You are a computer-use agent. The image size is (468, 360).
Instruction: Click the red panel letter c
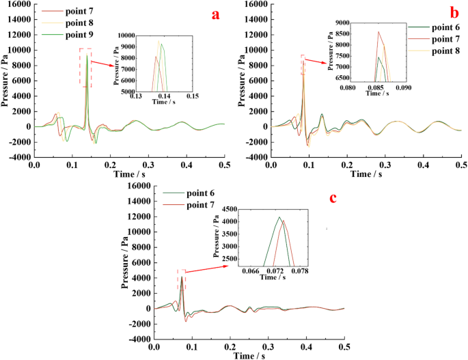(333, 198)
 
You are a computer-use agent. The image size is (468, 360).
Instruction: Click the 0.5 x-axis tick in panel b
(461, 165)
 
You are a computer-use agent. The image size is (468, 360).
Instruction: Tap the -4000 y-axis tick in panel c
(138, 339)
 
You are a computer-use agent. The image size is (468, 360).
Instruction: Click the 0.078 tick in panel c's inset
(300, 271)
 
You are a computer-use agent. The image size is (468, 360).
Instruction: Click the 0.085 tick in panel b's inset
(376, 87)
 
